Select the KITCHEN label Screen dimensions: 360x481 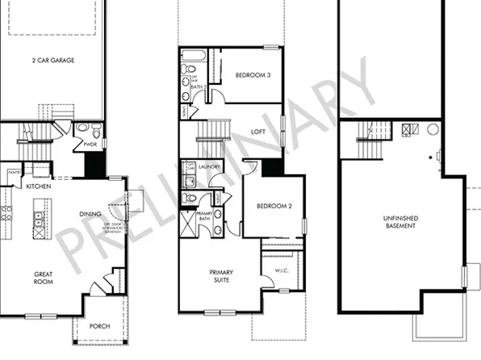point(39,186)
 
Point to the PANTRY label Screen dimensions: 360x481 point(13,173)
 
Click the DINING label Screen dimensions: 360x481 point(90,214)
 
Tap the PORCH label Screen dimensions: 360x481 point(99,325)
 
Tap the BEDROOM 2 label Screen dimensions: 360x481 point(274,206)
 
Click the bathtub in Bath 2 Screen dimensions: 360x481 point(193,57)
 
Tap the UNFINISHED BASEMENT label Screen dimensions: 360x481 point(400,221)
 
